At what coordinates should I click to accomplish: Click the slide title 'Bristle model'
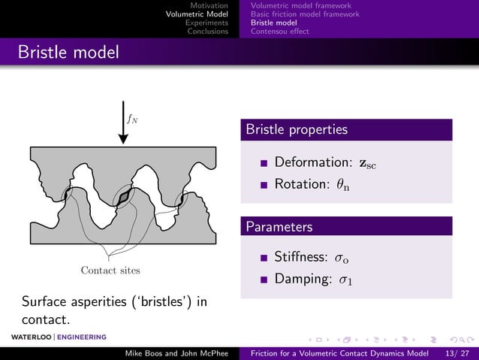coord(68,53)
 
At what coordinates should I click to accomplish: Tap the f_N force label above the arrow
coord(132,118)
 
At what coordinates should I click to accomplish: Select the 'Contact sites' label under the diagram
coord(110,270)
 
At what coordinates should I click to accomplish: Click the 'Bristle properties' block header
coord(296,129)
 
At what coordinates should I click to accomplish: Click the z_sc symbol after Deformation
coord(366,163)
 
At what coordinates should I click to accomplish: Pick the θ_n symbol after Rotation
coord(345,183)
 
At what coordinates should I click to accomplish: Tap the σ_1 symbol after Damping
coord(346,280)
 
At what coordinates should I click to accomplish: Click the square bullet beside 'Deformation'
coord(264,163)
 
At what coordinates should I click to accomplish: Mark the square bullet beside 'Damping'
coord(264,280)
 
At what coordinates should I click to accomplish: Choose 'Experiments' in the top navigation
coord(206,23)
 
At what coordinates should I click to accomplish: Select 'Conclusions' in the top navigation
coord(207,32)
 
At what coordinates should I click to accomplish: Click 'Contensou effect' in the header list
coord(279,32)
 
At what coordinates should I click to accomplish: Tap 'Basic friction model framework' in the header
coord(305,14)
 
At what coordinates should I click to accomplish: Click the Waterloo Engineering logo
coord(53,336)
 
